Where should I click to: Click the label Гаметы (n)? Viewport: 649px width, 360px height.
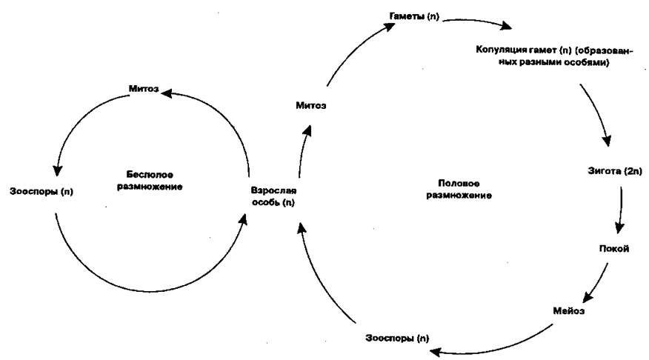point(414,16)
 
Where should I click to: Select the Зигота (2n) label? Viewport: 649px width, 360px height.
point(615,171)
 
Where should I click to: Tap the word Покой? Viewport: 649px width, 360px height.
point(614,249)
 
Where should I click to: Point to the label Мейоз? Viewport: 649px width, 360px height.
point(569,311)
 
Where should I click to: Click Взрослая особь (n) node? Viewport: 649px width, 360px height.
point(273,196)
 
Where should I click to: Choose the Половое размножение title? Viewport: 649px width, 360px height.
point(459,189)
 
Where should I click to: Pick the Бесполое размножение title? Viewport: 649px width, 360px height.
point(150,181)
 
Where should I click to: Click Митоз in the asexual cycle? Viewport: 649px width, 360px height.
point(144,89)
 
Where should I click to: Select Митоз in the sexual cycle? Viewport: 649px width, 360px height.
point(311,105)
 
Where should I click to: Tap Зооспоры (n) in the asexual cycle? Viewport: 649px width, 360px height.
point(41,192)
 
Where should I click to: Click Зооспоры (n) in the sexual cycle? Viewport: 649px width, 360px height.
point(397,338)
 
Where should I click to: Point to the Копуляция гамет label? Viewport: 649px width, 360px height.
point(554,56)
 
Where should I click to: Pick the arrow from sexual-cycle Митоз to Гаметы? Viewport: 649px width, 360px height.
point(355,48)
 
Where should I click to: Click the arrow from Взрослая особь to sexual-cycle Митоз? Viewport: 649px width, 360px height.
point(304,151)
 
